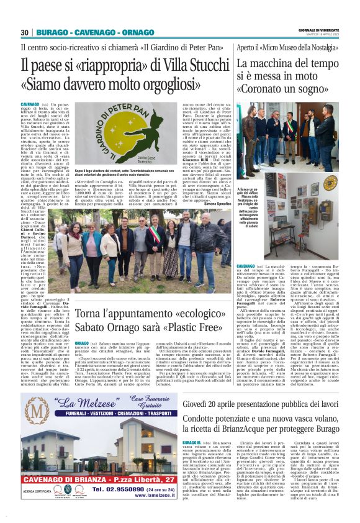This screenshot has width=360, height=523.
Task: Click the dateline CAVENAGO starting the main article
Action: pos(29,103)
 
